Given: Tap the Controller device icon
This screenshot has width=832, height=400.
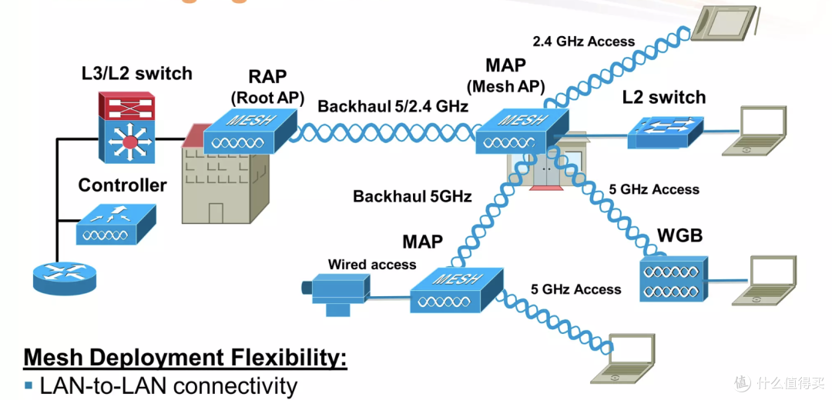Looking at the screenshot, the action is [x=116, y=225].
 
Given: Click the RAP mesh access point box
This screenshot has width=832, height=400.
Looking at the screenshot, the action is [x=250, y=132].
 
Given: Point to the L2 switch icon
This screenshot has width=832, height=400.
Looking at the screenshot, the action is [x=666, y=131].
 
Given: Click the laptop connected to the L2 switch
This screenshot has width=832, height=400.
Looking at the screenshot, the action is [x=754, y=131].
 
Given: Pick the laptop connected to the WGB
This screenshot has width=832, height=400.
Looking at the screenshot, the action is [x=765, y=280].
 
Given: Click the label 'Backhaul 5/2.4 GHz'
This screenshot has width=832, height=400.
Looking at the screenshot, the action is [x=393, y=106].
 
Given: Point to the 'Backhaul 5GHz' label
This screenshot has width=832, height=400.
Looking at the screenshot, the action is [x=412, y=197].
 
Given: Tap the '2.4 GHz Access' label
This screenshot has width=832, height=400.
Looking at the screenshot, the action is [x=584, y=42].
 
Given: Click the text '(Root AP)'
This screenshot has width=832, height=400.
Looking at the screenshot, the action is [x=267, y=98].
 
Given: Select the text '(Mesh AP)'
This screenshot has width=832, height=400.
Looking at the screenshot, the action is [x=505, y=86].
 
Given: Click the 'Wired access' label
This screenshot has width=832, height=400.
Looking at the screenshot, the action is [x=372, y=264].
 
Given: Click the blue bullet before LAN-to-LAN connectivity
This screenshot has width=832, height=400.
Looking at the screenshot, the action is [x=29, y=385].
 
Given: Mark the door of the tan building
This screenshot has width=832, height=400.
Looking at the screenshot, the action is [x=216, y=214].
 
